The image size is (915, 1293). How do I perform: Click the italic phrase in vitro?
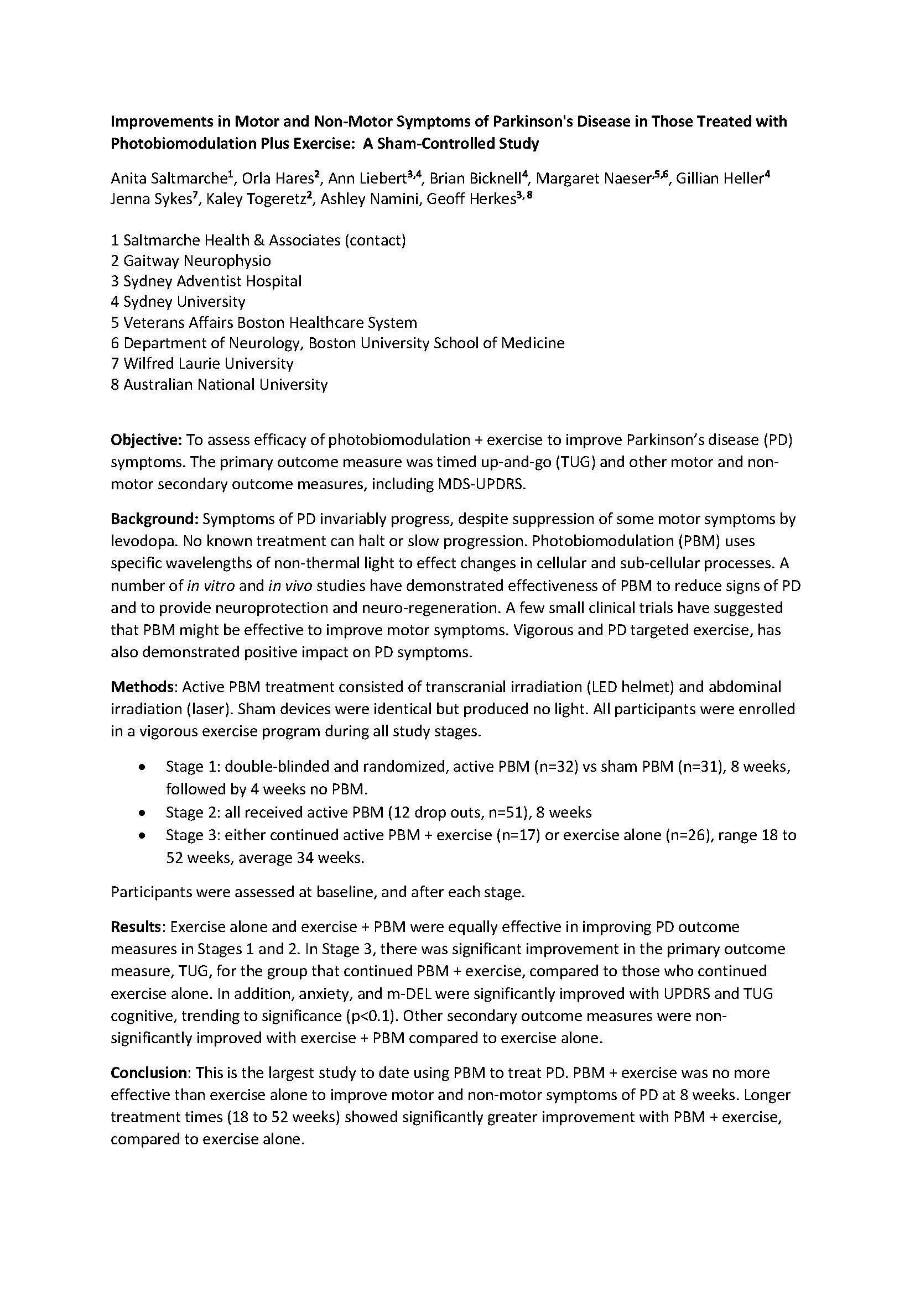[211, 586]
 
